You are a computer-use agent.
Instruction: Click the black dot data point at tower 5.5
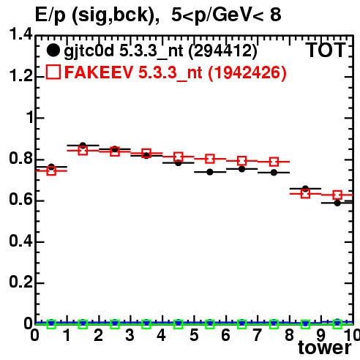(210, 172)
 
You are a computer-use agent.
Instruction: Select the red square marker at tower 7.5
(274, 162)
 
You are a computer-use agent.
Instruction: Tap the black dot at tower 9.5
(337, 203)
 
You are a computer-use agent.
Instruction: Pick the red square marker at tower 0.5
(51, 170)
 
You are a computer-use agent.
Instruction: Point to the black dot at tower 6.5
(241, 169)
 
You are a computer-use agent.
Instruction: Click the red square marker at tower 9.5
(337, 195)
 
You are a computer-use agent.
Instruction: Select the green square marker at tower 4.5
(179, 324)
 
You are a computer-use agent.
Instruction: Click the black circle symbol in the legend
(53, 50)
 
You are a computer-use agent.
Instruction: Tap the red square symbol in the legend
(53, 72)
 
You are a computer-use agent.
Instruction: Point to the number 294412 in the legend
(223, 50)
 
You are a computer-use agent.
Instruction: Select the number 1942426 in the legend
(247, 72)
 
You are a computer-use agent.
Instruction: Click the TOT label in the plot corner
(326, 50)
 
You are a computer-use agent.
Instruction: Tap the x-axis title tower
(325, 348)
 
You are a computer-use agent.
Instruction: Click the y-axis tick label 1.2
(20, 76)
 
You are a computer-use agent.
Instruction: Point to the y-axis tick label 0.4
(20, 241)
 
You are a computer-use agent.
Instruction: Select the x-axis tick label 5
(194, 335)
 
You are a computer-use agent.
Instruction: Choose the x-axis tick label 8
(289, 335)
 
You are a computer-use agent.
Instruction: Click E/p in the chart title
(50, 15)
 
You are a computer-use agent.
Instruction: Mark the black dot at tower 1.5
(83, 146)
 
